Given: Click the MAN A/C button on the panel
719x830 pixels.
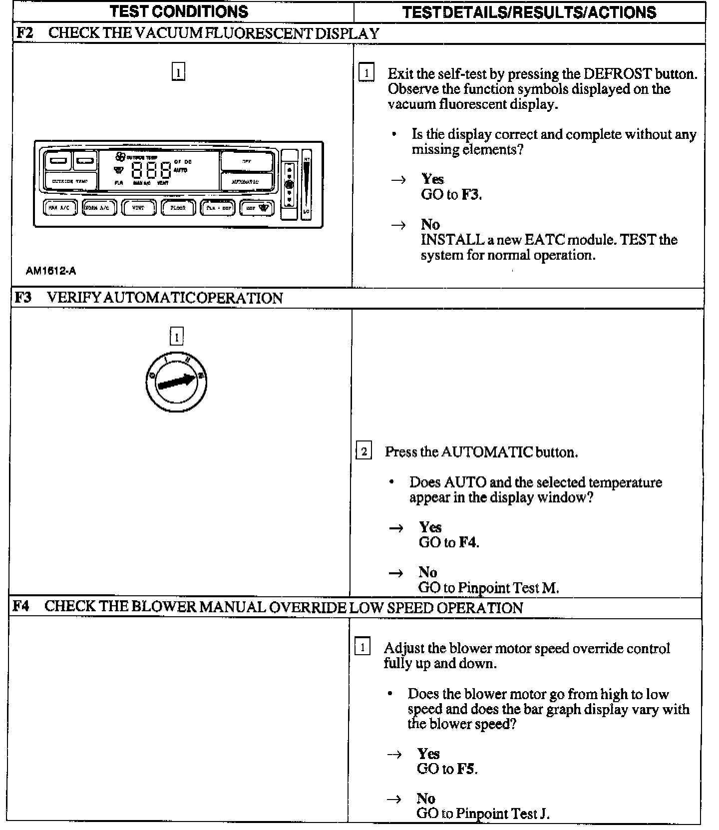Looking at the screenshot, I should (60, 208).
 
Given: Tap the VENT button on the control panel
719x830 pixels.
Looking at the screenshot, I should (138, 208).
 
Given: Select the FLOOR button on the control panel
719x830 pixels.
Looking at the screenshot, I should (178, 208).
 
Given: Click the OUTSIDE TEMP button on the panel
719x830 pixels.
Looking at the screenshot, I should (70, 181).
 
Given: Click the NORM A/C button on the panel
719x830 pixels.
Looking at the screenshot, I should (99, 208).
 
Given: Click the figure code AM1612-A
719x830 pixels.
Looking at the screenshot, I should (51, 271).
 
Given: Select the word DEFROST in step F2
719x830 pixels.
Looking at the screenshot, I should (618, 74).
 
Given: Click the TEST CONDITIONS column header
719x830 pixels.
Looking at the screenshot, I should (179, 11).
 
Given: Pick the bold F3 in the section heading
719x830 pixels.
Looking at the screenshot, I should (23, 298).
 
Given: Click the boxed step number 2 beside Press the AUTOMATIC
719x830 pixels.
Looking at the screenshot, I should (363, 452).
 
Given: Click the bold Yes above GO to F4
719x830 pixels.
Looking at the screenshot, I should (430, 527).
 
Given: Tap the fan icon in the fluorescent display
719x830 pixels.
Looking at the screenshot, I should (120, 156).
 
